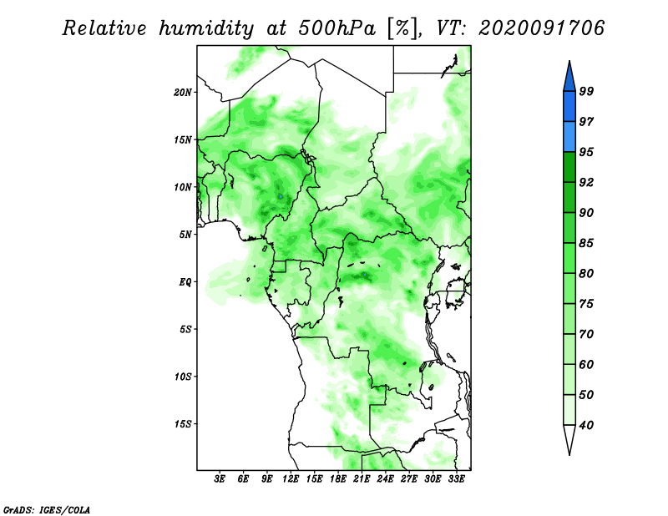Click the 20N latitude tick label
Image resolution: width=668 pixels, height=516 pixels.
[183, 93]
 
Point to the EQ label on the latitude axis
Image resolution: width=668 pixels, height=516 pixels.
[185, 282]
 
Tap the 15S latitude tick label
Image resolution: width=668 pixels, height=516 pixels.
[183, 424]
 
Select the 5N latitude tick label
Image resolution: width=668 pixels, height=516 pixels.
[185, 235]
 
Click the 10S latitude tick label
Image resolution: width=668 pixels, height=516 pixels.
[183, 377]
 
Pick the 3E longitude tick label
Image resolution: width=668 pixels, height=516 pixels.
[220, 479]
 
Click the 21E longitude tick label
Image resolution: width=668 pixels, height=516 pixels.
[362, 479]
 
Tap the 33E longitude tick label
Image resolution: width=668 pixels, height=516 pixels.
[456, 479]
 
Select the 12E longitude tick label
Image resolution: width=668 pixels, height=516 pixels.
[291, 479]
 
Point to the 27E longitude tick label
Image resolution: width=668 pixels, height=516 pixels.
[409, 479]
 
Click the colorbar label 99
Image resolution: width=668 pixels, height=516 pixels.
[586, 91]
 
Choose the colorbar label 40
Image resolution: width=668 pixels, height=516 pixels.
[586, 425]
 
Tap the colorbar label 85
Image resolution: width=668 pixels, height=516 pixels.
[586, 243]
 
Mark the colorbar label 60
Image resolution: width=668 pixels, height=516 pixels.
[586, 364]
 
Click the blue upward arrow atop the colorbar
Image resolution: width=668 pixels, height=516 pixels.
[569, 77]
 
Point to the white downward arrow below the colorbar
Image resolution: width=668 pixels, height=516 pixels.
[569, 439]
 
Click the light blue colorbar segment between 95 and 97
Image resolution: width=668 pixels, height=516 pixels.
[569, 137]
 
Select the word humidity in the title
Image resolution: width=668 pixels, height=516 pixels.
[206, 29]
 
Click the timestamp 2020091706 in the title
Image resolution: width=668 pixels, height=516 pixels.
[541, 28]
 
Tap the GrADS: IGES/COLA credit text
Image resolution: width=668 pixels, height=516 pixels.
[47, 509]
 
